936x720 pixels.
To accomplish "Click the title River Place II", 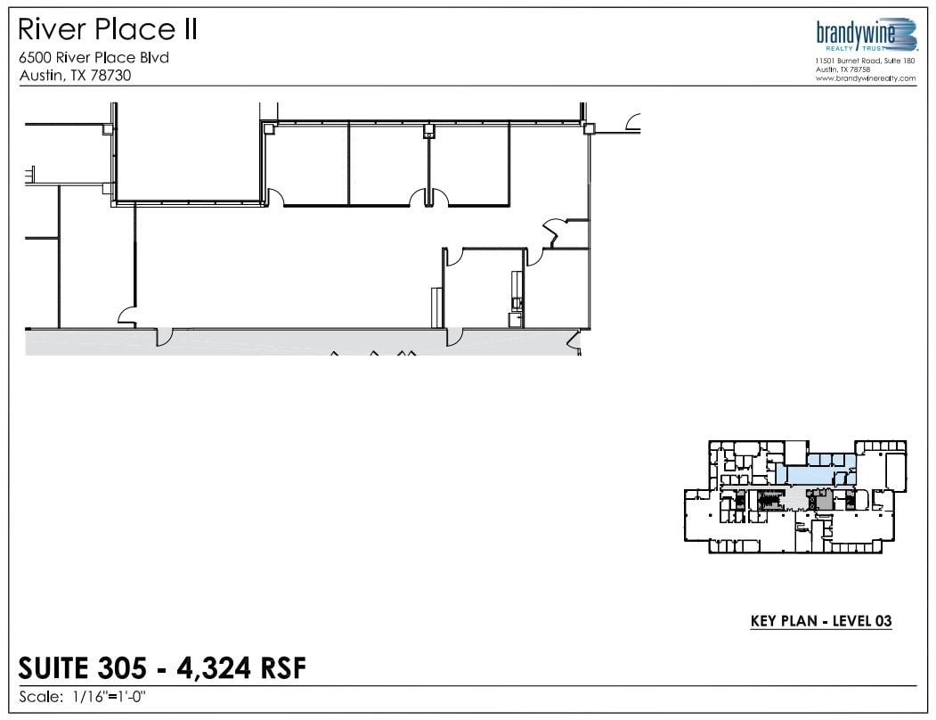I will (108, 30).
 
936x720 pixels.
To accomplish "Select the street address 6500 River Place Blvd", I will (94, 58).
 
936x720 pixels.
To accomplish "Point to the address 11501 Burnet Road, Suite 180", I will (865, 61).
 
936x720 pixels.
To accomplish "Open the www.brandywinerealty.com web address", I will (865, 78).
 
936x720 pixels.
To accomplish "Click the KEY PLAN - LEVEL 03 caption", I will (821, 621).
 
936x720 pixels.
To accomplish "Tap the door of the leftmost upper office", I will (275, 197).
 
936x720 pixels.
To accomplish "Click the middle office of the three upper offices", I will (388, 164).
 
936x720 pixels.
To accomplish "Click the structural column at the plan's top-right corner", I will (589, 129).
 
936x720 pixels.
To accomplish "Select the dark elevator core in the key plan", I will (822, 503).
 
